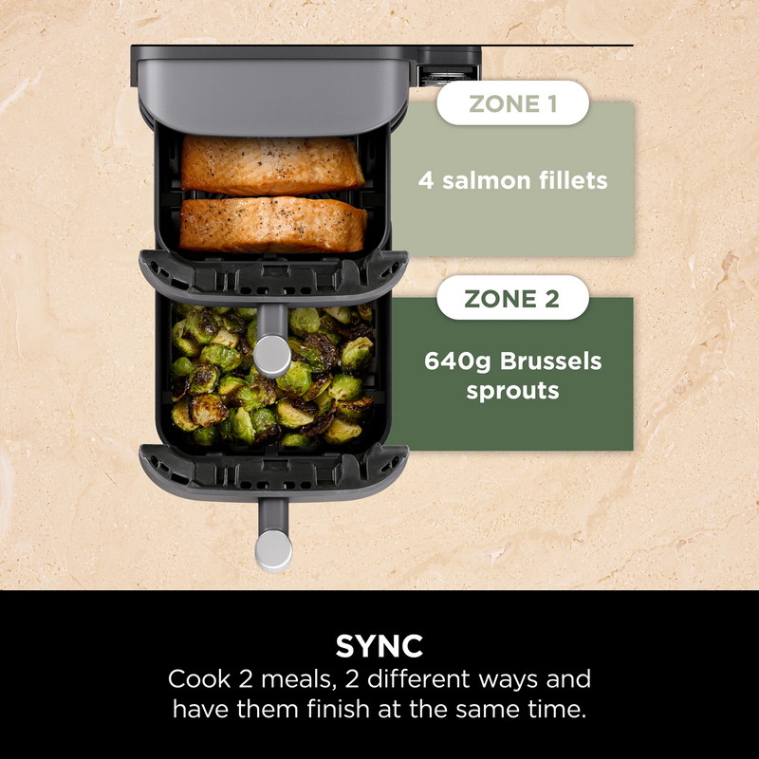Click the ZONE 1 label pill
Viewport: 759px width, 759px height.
pyautogui.click(x=512, y=104)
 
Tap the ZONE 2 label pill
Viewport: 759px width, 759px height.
pyautogui.click(x=512, y=299)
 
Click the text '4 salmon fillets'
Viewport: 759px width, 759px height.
pyautogui.click(x=513, y=179)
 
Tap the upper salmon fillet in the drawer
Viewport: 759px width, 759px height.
pyautogui.click(x=272, y=165)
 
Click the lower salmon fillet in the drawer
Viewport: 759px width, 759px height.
pyautogui.click(x=274, y=224)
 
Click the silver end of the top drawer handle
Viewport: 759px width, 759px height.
pyautogui.click(x=273, y=353)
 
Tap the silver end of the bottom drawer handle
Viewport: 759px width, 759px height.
pyautogui.click(x=273, y=549)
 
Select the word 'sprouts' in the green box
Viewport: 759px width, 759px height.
pyautogui.click(x=513, y=390)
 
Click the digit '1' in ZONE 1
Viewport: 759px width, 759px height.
pyautogui.click(x=549, y=104)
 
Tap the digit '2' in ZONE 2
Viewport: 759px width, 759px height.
pyautogui.click(x=551, y=299)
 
